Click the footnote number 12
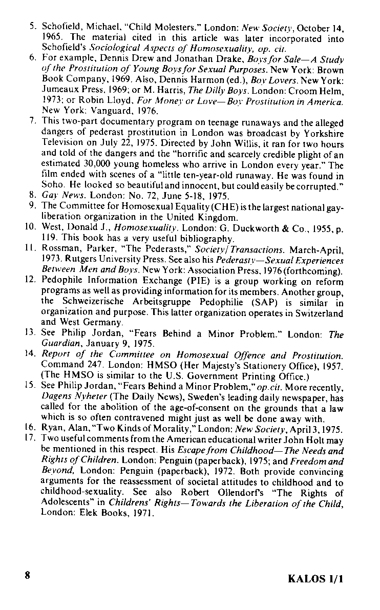click(x=30, y=280)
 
